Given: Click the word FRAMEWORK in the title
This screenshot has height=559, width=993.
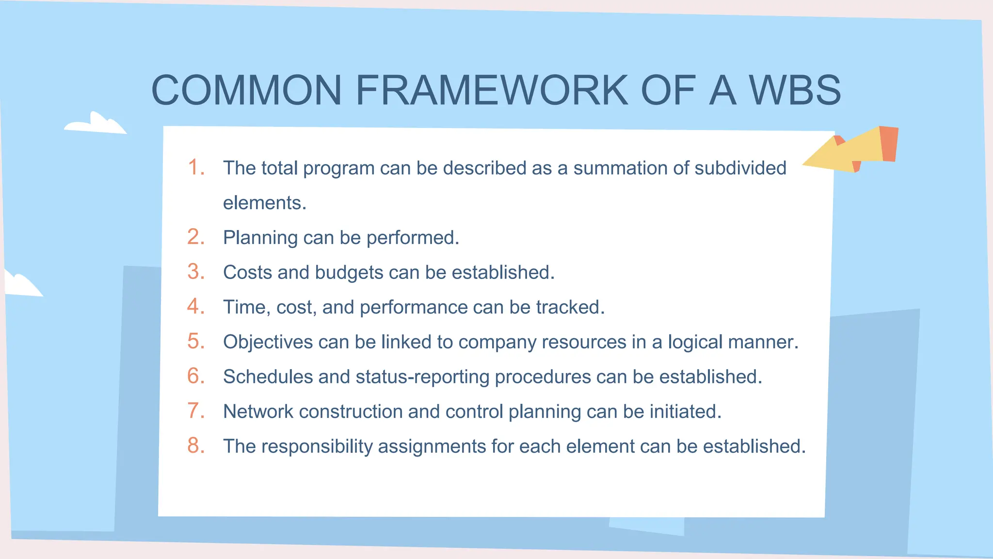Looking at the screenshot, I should pyautogui.click(x=492, y=90).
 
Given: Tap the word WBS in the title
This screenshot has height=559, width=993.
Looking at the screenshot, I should pyautogui.click(x=795, y=90).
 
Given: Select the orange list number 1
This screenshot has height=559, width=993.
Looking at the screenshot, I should pyautogui.click(x=196, y=167).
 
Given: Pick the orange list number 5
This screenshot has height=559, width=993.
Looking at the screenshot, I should pyautogui.click(x=196, y=341).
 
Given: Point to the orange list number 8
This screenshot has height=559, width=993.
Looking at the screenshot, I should pyautogui.click(x=196, y=445).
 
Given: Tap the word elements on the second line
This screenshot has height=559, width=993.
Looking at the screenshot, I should pyautogui.click(x=264, y=203).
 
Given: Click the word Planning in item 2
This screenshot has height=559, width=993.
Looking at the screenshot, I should pyautogui.click(x=260, y=238).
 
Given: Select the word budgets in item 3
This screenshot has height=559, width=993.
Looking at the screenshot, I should pyautogui.click(x=349, y=273).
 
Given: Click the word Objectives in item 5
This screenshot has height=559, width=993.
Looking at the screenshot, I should pyautogui.click(x=268, y=342).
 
